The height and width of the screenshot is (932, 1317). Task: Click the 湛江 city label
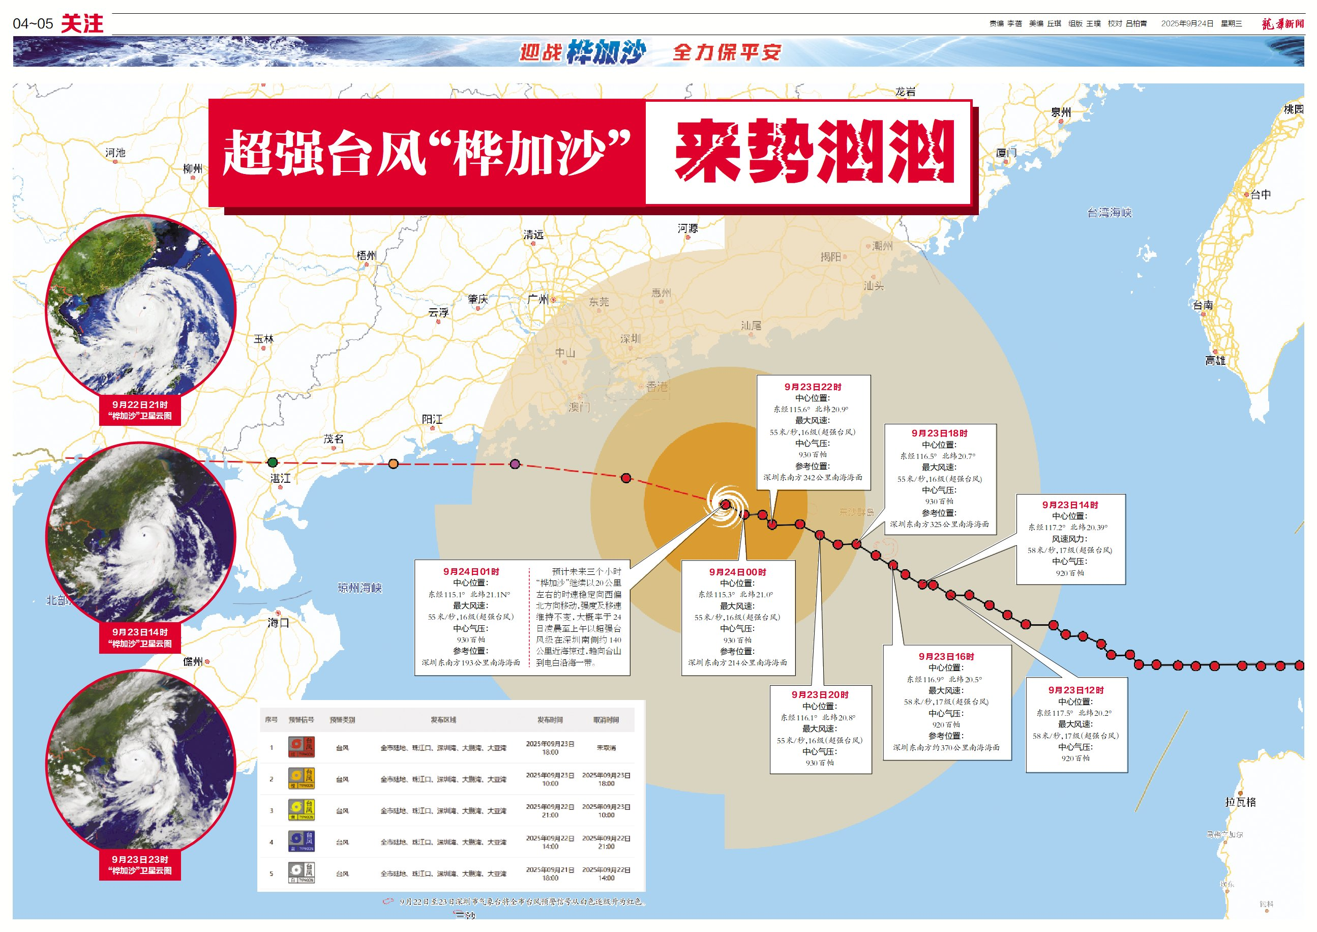pos(281,478)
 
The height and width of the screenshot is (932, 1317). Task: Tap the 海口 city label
pos(278,623)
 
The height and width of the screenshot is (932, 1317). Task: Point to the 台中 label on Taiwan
pos(1260,194)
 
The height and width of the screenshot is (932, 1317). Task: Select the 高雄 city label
pos(1215,360)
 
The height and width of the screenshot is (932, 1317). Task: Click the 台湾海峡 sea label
pos(1110,213)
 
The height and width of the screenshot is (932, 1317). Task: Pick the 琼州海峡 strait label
pos(360,588)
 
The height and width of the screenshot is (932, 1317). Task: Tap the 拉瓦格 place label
pos(1240,802)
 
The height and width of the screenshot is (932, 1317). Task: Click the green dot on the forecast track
pos(273,462)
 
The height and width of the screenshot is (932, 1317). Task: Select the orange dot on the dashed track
pos(393,463)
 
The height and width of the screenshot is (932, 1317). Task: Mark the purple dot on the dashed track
pos(515,463)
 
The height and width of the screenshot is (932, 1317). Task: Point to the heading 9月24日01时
pos(471,572)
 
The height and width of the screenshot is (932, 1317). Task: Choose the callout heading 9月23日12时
pos(1075,690)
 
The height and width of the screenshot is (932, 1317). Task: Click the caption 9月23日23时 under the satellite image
pos(140,859)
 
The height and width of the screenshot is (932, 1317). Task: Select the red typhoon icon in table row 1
pos(301,747)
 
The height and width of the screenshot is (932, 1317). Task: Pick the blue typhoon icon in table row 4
pos(301,841)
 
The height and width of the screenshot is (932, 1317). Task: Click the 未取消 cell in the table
pos(606,748)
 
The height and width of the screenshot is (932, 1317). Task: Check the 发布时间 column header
pos(550,720)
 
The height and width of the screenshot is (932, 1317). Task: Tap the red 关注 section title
pos(82,24)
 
